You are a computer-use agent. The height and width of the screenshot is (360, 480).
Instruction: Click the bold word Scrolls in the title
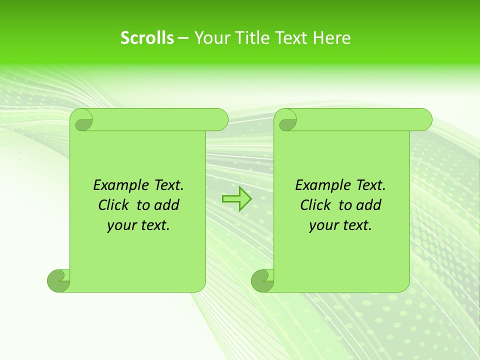click(x=147, y=38)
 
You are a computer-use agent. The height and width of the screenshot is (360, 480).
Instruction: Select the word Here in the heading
click(x=332, y=38)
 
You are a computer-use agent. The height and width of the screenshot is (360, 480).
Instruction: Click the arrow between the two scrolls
click(x=236, y=199)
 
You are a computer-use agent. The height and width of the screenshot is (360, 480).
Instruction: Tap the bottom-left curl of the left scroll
click(x=59, y=280)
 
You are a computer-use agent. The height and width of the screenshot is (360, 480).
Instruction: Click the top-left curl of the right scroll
click(x=286, y=120)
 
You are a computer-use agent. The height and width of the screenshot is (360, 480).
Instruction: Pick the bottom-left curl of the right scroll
click(x=262, y=280)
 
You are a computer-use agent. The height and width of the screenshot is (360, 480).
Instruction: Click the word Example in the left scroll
click(x=119, y=185)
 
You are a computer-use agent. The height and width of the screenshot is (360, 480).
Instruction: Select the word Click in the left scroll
click(x=114, y=205)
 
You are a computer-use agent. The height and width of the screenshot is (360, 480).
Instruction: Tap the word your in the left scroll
click(x=120, y=226)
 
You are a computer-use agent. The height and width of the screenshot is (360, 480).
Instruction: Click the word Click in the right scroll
click(x=315, y=205)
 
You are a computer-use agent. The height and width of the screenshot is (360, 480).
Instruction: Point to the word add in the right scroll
click(x=367, y=205)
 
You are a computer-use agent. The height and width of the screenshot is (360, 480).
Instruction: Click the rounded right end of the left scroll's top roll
click(x=220, y=120)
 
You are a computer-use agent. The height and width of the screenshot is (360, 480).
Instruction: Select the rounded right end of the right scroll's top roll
click(x=424, y=120)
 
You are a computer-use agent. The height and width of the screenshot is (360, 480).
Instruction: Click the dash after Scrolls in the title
click(x=183, y=38)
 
